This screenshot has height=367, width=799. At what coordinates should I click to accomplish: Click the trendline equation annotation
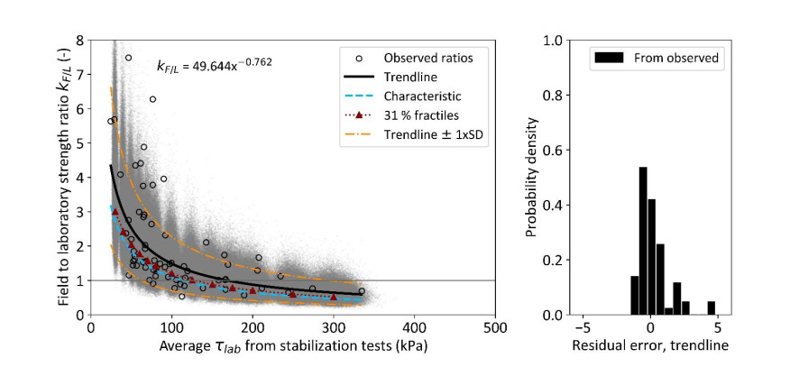[215, 65]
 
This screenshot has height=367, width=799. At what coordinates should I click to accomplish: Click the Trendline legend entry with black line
[416, 77]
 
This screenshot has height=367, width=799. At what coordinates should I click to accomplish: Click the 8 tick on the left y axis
[81, 41]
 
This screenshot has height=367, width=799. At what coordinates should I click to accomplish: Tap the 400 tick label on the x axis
[414, 330]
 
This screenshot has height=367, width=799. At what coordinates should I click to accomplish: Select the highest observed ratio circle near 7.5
[128, 58]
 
